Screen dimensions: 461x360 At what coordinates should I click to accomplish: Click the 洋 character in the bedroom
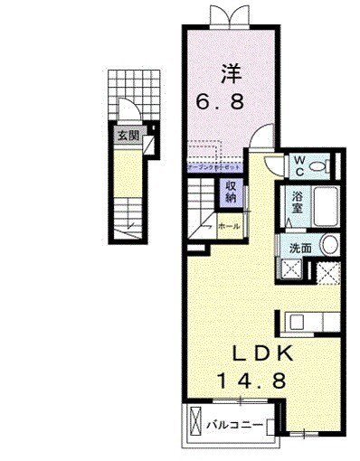[x=231, y=71]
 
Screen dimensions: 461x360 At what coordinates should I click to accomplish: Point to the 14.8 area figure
[x=251, y=381]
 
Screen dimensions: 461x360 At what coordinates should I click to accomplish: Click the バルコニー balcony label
[x=233, y=423]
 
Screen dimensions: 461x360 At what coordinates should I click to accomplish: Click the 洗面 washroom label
[x=299, y=247]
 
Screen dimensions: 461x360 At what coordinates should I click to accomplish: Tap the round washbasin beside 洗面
[x=330, y=245]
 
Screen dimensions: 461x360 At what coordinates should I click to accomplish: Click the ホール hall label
[x=229, y=227]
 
